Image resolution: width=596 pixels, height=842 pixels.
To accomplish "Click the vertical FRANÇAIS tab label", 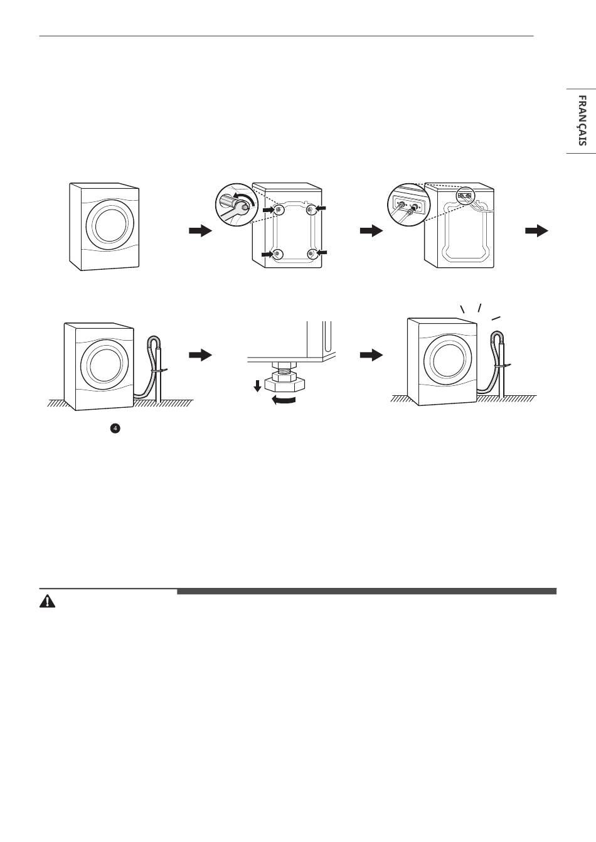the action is tap(582, 120).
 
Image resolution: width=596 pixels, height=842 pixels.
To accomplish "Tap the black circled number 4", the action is tap(115, 428).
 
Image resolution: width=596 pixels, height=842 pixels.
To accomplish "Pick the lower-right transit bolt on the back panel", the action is tap(311, 253).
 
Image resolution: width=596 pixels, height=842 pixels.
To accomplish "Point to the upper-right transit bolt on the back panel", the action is tap(310, 209).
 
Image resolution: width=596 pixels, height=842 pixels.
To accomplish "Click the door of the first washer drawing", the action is tap(110, 225).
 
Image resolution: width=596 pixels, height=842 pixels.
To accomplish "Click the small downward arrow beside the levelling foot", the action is tap(257, 386).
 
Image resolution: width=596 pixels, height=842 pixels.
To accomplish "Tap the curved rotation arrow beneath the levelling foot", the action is tap(284, 401).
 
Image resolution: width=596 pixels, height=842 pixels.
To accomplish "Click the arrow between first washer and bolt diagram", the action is tap(201, 231).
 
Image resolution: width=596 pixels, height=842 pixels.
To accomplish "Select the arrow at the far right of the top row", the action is tap(536, 230).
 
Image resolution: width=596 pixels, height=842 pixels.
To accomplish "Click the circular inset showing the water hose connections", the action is tap(409, 205).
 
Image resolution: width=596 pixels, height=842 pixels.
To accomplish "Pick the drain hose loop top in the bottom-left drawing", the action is tap(155, 339).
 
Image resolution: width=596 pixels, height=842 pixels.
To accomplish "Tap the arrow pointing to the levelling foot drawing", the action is tap(201, 355).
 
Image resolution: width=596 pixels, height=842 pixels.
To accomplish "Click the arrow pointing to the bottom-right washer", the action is tap(371, 355).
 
